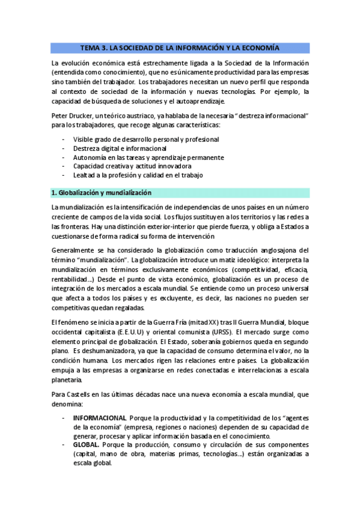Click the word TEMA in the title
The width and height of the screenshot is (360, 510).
pos(92,47)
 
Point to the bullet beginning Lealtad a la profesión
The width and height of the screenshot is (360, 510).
pos(138,175)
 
